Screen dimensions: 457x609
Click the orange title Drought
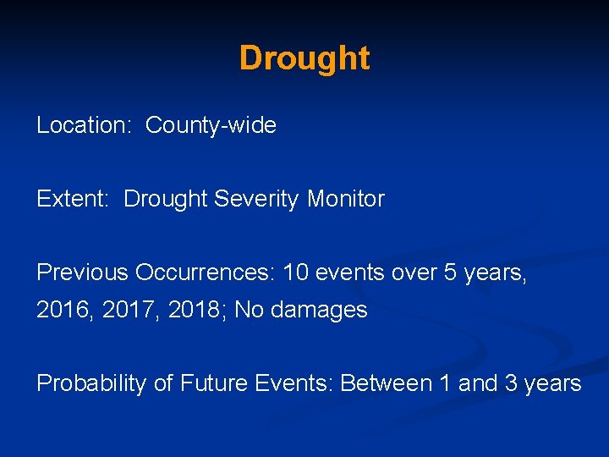click(304, 58)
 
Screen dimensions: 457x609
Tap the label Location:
click(81, 126)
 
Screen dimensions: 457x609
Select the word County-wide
click(211, 126)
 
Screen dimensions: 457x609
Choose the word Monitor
click(345, 200)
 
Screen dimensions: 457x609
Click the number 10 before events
click(296, 273)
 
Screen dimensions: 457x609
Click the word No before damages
click(249, 311)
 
